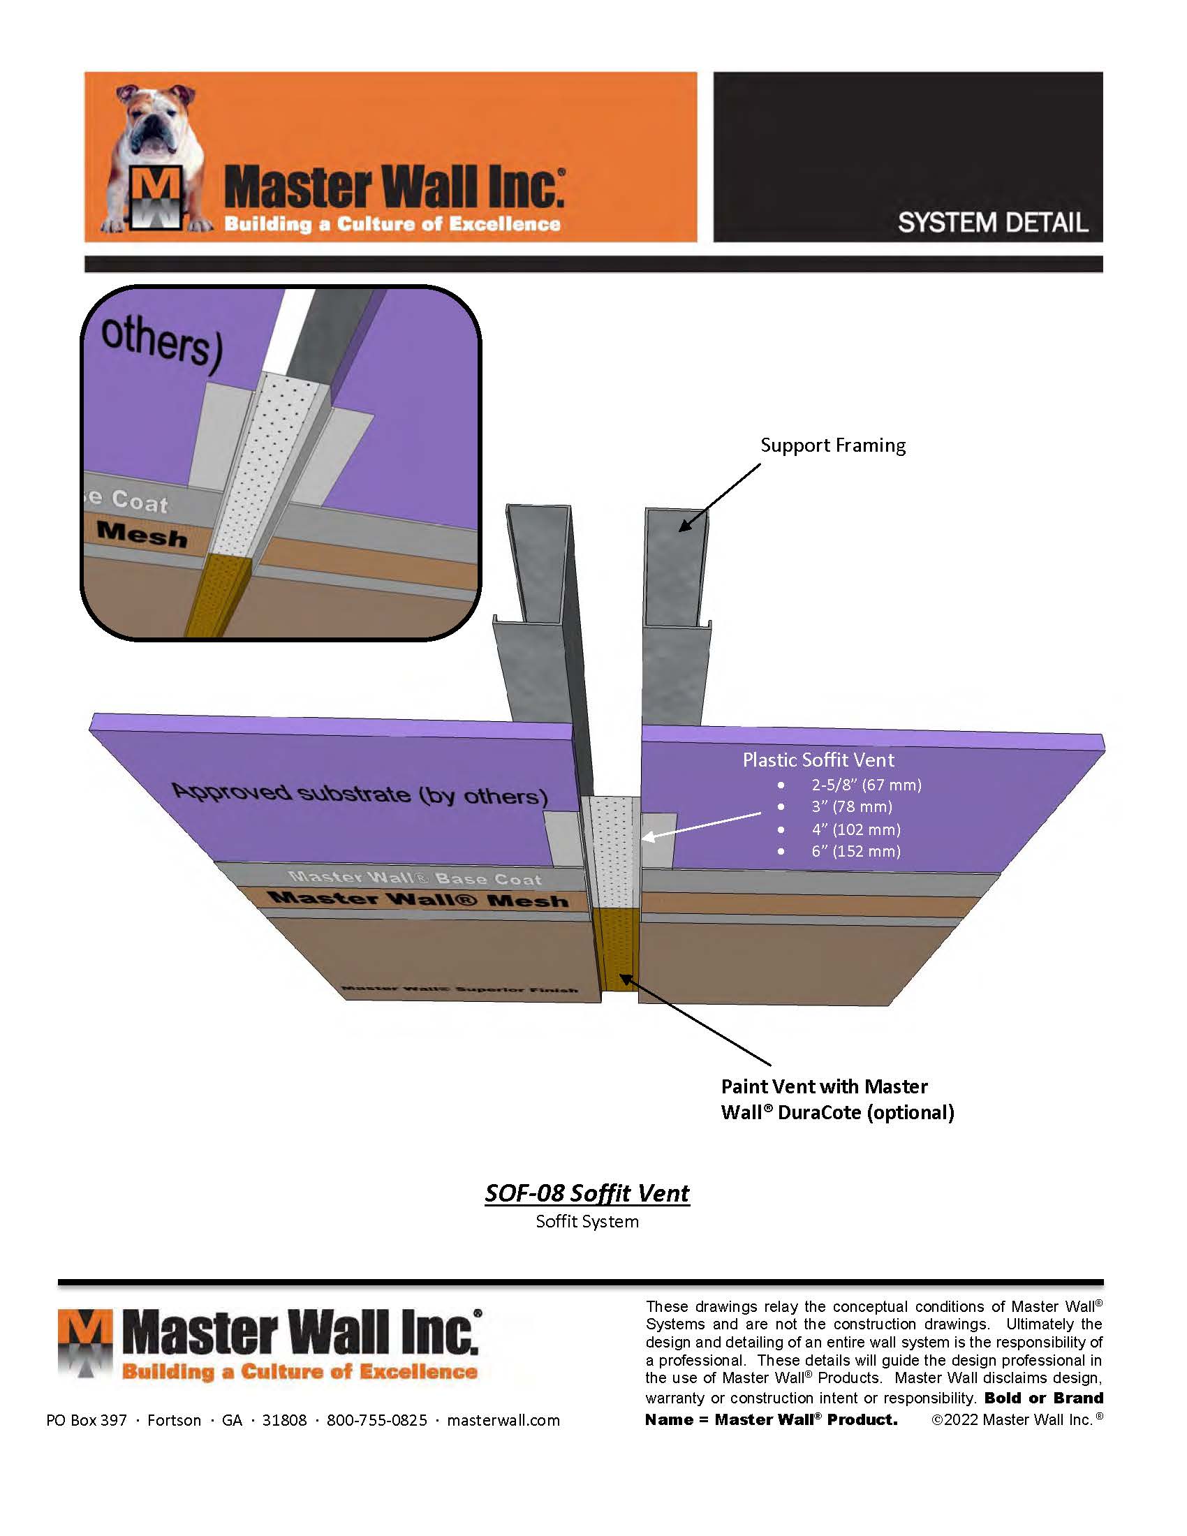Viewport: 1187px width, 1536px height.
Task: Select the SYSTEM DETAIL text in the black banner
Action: [x=992, y=223]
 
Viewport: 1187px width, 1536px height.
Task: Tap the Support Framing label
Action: [x=832, y=445]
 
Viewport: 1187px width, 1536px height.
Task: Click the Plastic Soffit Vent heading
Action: [x=818, y=760]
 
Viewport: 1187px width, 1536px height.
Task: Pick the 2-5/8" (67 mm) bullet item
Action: [x=866, y=785]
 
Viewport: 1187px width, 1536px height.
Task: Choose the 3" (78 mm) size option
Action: [x=852, y=806]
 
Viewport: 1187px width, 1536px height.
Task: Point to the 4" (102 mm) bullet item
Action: [x=856, y=829]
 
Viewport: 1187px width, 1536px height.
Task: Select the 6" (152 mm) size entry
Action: [x=856, y=851]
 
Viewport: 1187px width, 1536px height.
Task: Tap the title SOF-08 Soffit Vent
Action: [x=587, y=1193]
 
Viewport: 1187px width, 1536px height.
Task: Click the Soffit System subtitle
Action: [x=587, y=1222]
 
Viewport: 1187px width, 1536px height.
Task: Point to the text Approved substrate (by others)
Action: [x=360, y=793]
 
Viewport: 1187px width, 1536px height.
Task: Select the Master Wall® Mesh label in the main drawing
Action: [x=419, y=899]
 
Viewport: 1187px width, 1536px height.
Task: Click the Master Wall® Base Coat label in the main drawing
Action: [x=415, y=878]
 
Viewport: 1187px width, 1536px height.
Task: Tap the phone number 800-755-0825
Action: [x=377, y=1420]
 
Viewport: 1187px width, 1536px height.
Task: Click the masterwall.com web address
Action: [x=503, y=1420]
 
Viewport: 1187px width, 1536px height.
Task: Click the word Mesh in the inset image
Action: [x=142, y=535]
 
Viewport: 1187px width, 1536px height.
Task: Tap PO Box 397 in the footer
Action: [x=87, y=1420]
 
